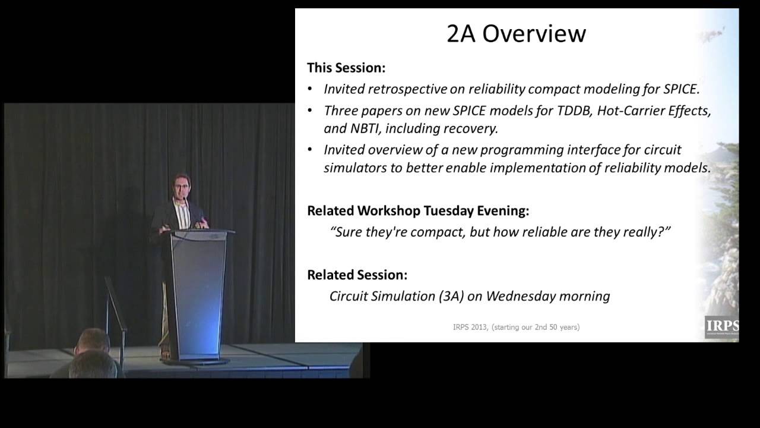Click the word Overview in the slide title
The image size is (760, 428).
[x=534, y=34]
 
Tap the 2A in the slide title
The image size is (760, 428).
[x=461, y=34]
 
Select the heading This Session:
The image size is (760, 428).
[x=346, y=68]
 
